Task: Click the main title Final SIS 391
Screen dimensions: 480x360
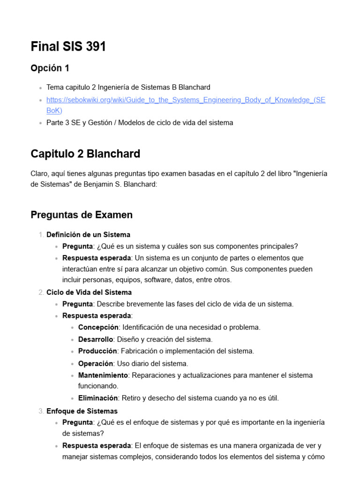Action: coord(68,47)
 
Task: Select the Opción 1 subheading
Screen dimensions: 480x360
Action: coord(50,68)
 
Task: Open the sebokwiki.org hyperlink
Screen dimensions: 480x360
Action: coord(185,99)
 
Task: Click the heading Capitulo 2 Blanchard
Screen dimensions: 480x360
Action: coord(85,154)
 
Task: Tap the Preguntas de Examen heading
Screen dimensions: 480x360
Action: coord(82,215)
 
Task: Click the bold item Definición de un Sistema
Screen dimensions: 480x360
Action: coord(88,234)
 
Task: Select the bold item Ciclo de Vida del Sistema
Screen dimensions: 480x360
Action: coord(89,292)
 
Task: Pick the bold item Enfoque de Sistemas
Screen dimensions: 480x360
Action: coord(82,411)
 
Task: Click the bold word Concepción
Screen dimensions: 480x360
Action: coord(98,327)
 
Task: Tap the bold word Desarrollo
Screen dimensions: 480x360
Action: coord(96,339)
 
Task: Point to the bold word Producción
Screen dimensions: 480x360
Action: coord(97,351)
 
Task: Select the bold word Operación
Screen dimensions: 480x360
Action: coord(96,363)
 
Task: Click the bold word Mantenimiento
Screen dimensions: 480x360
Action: coord(103,375)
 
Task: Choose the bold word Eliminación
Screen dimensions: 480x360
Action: coord(97,398)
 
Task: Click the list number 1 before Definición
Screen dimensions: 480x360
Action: coord(41,234)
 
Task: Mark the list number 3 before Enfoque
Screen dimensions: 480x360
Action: coord(41,411)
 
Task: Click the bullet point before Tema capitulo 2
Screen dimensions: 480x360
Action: coord(41,88)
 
